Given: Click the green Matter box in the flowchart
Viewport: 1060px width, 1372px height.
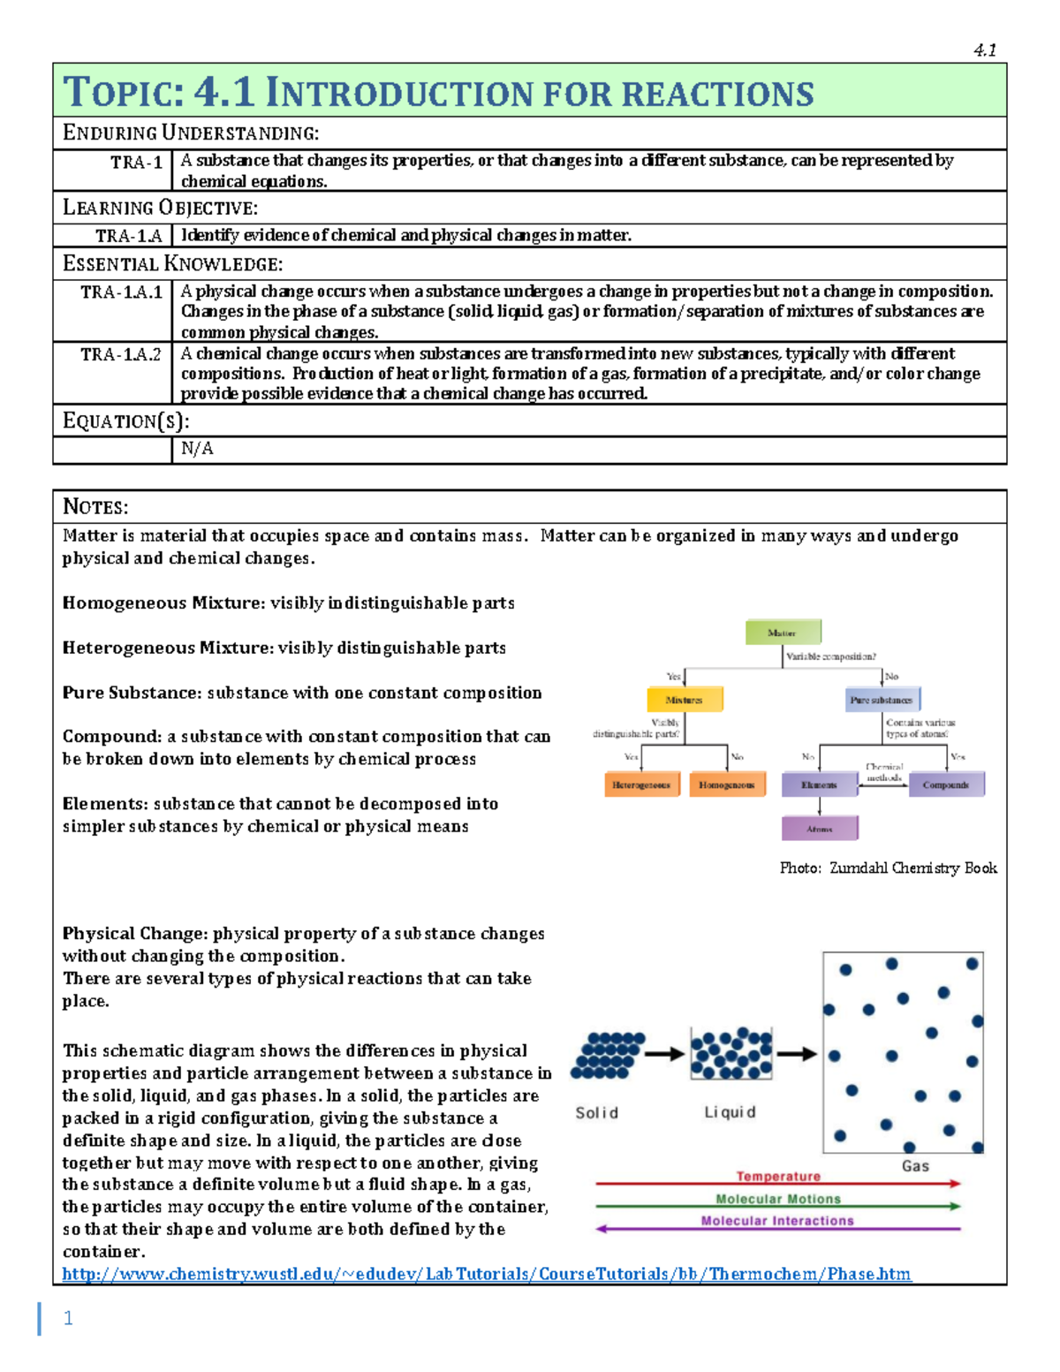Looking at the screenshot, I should (783, 633).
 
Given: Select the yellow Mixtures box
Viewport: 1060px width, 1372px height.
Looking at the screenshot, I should (685, 700).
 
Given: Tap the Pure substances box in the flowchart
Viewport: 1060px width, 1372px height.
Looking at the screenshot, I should (882, 700).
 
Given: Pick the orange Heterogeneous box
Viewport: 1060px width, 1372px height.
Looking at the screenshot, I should (641, 785).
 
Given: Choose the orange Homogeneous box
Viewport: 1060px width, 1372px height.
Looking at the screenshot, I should (727, 785).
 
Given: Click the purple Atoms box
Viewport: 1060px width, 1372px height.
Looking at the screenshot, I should (820, 829).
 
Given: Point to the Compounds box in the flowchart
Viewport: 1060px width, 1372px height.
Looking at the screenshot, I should (946, 785).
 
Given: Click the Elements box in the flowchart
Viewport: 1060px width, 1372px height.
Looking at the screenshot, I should (819, 785).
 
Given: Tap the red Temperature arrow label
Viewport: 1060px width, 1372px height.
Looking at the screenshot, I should (778, 1176).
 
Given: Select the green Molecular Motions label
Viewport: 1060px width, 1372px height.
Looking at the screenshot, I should (778, 1199).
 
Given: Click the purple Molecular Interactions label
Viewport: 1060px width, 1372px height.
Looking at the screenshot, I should (778, 1221).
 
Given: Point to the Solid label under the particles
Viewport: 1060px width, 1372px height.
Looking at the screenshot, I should (597, 1113).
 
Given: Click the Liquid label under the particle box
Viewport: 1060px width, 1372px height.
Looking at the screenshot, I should (730, 1112).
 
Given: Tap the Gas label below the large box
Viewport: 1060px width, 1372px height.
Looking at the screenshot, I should (915, 1166).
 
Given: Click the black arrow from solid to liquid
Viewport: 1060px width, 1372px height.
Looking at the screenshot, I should (664, 1053).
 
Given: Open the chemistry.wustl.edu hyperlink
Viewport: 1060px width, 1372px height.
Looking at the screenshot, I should (486, 1274).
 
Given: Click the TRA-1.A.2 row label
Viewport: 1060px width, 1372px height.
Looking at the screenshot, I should (121, 354).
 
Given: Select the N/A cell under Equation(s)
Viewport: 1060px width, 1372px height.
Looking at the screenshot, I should (197, 449).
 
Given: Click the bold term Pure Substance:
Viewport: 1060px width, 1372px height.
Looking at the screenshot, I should (132, 693).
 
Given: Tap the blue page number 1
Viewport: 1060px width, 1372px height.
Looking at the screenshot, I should (68, 1318).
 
